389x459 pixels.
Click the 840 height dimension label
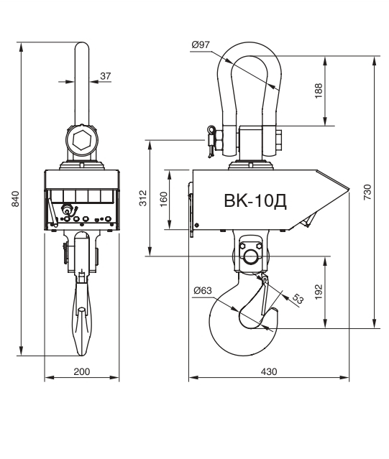pyautogui.click(x=15, y=199)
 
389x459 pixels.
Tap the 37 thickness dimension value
pyautogui.click(x=106, y=76)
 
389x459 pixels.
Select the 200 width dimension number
pyautogui.click(x=82, y=371)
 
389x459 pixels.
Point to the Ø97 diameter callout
pyautogui.click(x=201, y=45)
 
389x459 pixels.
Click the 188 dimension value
pyautogui.click(x=319, y=91)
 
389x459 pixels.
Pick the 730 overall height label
pyautogui.click(x=367, y=192)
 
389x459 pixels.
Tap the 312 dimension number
pyautogui.click(x=143, y=198)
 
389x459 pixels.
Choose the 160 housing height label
pyautogui.click(x=163, y=200)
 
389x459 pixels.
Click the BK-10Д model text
pyautogui.click(x=255, y=201)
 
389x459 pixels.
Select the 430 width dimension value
pyautogui.click(x=269, y=371)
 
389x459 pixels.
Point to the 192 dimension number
pyautogui.click(x=319, y=292)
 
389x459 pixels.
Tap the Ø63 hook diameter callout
pyautogui.click(x=203, y=290)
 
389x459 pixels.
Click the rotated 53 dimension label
pyautogui.click(x=298, y=299)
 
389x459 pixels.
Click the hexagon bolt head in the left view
pyautogui.click(x=81, y=141)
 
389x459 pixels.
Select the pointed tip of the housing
pyautogui.click(x=349, y=189)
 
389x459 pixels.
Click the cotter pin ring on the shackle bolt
pyautogui.click(x=211, y=129)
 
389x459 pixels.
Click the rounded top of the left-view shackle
pyautogui.click(x=82, y=45)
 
